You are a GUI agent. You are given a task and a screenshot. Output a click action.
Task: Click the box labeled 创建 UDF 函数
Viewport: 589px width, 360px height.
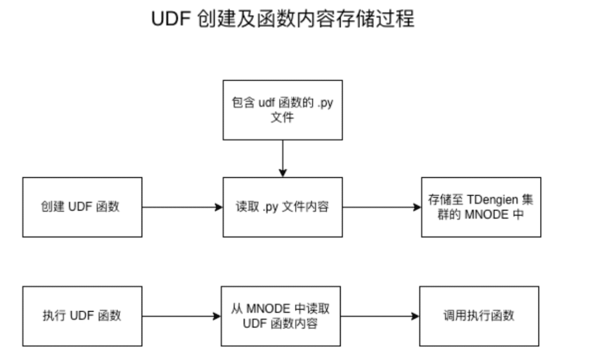click(82, 207)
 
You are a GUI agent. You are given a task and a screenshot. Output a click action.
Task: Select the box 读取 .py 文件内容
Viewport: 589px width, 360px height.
click(282, 207)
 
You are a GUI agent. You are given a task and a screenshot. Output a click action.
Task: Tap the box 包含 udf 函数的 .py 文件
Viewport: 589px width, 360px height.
click(282, 110)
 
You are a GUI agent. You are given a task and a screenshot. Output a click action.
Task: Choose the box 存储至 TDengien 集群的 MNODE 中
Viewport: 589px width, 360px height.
click(481, 207)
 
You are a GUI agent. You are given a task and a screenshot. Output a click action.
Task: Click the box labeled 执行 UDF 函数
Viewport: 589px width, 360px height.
click(82, 316)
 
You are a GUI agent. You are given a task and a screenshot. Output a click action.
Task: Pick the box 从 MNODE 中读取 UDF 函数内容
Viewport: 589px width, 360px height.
click(281, 316)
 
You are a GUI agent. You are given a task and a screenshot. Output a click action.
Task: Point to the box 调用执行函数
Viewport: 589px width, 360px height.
click(479, 316)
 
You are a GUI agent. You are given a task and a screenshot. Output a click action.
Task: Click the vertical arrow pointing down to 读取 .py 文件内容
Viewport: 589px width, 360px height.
click(282, 158)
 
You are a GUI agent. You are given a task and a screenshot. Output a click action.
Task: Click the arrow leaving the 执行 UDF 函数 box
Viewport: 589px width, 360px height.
click(181, 316)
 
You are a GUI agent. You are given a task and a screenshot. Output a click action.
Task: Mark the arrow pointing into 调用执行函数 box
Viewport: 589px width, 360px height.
click(380, 316)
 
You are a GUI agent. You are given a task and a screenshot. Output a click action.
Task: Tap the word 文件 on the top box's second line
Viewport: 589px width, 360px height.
click(282, 118)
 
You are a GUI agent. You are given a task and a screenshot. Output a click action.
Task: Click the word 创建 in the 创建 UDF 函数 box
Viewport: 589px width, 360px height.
click(52, 207)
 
